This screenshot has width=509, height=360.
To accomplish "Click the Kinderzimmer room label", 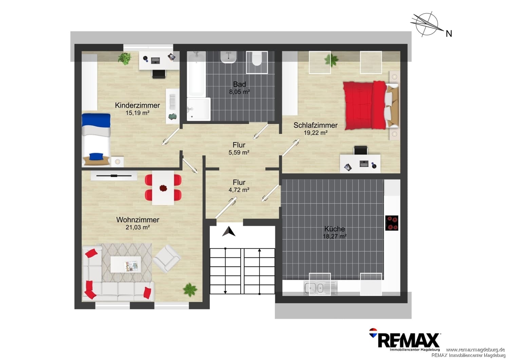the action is [x=137, y=105].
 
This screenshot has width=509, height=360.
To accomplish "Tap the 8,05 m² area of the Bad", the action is [x=240, y=92].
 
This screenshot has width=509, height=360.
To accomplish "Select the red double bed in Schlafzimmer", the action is [x=371, y=106].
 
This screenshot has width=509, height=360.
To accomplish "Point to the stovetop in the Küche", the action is [x=392, y=223].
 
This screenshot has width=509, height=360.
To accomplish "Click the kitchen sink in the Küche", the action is [x=320, y=288].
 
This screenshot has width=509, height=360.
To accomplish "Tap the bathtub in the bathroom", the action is [x=196, y=74].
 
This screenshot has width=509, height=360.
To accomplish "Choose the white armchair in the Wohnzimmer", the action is [x=167, y=258].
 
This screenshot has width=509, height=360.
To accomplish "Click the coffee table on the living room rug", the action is [x=126, y=264].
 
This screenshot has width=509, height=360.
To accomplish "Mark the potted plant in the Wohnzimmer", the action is [x=190, y=290].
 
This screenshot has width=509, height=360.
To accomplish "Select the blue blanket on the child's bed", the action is [x=96, y=120].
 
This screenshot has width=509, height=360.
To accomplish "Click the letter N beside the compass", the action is [x=449, y=34].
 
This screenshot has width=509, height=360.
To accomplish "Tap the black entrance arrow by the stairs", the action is [x=229, y=231].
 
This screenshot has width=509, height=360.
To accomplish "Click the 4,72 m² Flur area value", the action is [x=239, y=190].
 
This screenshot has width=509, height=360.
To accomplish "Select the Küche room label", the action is [x=335, y=229].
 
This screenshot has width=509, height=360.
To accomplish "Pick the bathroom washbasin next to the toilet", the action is [x=229, y=57].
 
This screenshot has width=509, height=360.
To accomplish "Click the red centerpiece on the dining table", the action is [x=163, y=188].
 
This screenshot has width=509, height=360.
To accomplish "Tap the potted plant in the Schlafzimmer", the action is [x=332, y=60].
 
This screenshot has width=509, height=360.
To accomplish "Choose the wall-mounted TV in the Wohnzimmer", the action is [x=114, y=176].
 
